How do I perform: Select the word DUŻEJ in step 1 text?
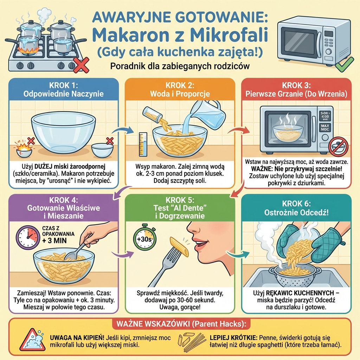pyautogui.click(x=43, y=166)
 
